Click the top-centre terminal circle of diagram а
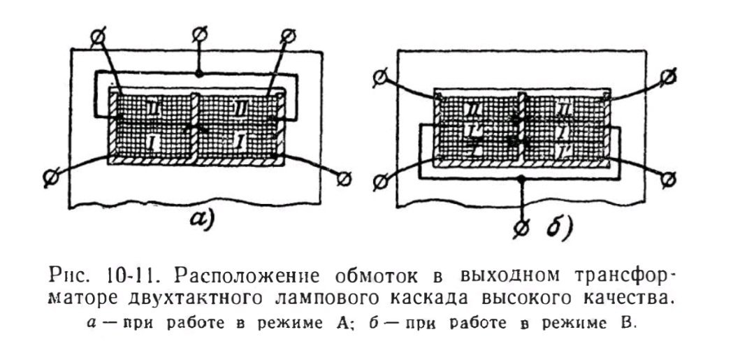coord(199,33)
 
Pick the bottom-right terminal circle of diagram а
coord(344,180)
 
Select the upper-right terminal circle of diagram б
coord(669,74)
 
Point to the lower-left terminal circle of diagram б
coord(380,181)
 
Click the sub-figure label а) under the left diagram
coord(201,219)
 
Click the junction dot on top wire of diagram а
coord(199,73)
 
